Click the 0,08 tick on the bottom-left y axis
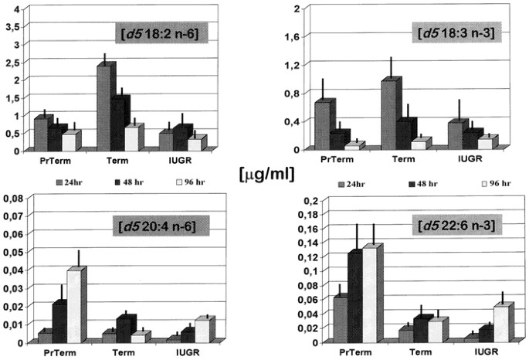(14, 199)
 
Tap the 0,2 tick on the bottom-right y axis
(297, 202)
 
